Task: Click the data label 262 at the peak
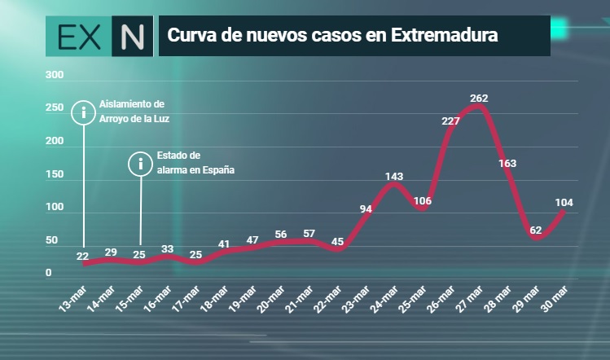pos(479,99)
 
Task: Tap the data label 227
pos(450,121)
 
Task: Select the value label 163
pos(507,164)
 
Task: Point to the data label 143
pos(394,177)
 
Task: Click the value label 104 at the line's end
pos(564,202)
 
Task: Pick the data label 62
pos(536,230)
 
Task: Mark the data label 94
pos(366,209)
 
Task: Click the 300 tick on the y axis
pos(55,75)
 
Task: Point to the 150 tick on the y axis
pos(55,174)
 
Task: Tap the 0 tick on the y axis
pos(48,273)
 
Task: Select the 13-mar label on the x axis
pos(73,299)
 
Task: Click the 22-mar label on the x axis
pos(328,299)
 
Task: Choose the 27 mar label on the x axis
pos(470,299)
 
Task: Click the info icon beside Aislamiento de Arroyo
pos(84,112)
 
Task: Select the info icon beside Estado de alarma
pos(140,164)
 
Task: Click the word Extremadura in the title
pos(445,35)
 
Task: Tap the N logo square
pos(132,36)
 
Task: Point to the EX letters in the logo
pos(79,37)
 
